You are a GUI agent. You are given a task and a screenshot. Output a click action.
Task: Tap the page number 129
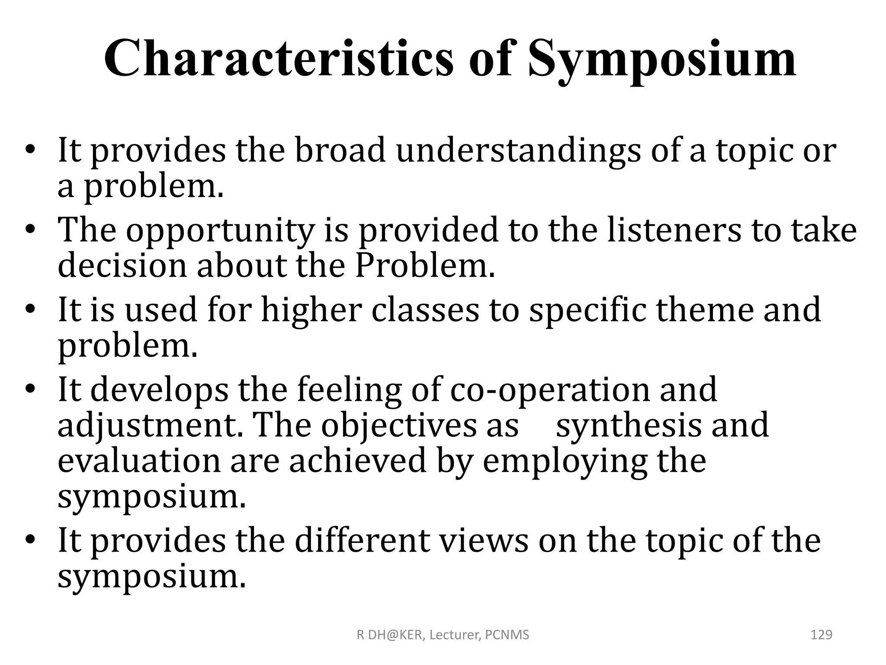(x=821, y=635)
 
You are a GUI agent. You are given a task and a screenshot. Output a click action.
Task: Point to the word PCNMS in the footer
(x=507, y=635)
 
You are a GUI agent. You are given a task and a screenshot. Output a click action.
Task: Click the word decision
(x=122, y=265)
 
